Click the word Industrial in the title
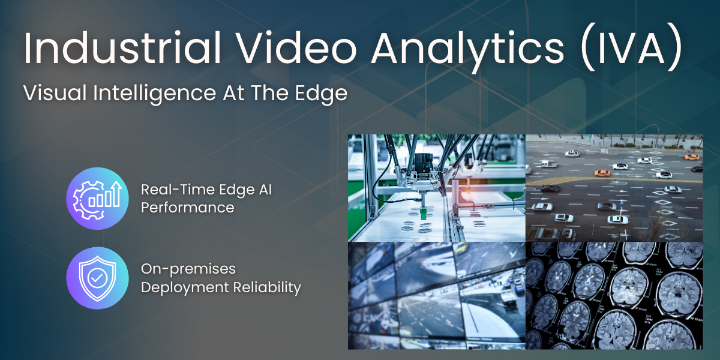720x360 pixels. coord(122,48)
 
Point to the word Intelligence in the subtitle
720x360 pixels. coord(155,94)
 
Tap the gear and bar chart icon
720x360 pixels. coord(97,199)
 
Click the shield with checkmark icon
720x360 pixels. coord(97,278)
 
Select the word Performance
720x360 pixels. coord(188,208)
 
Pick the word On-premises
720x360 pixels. coord(188,269)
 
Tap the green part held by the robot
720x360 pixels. coord(424,214)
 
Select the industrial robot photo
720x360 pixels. coord(437,188)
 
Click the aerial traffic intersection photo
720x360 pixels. coord(614,188)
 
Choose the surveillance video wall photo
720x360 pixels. coord(437,296)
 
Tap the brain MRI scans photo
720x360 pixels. coord(614,296)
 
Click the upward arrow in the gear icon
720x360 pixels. coord(116,193)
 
